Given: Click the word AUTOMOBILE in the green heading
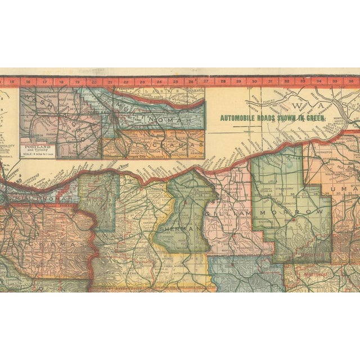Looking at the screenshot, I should [x=237, y=119].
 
